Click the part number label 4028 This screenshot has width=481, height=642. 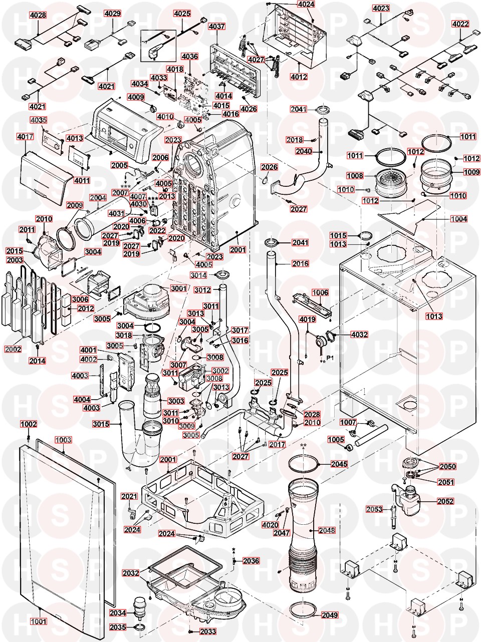38,15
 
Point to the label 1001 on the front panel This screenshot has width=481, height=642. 38,622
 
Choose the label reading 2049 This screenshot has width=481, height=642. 330,615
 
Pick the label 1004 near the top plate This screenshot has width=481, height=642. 458,219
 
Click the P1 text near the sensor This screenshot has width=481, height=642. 330,358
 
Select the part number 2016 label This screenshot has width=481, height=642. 300,263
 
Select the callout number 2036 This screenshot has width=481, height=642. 251,561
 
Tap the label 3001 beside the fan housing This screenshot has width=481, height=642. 178,288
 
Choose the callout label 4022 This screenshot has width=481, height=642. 460,24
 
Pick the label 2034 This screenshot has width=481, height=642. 118,612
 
